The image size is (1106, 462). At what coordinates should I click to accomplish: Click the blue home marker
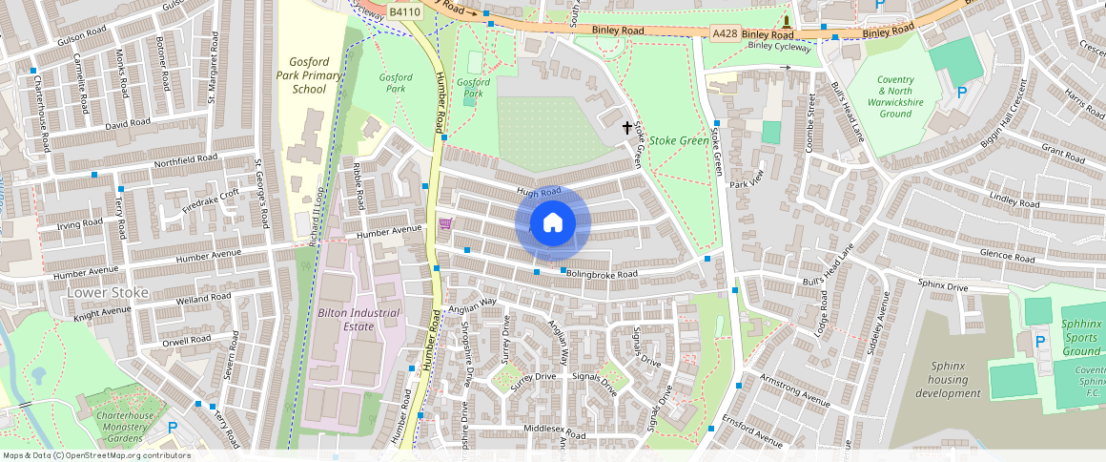[553, 222]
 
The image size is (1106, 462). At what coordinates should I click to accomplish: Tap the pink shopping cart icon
[445, 223]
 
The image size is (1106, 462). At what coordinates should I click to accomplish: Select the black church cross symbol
[628, 127]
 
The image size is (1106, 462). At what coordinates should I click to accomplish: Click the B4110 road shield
[405, 11]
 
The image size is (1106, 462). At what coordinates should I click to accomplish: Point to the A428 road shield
[725, 33]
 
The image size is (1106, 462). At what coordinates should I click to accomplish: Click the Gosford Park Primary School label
[303, 75]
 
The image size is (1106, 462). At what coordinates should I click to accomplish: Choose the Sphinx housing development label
[947, 380]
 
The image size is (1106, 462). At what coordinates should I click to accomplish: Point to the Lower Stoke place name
[108, 292]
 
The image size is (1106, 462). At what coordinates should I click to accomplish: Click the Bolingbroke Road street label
[602, 274]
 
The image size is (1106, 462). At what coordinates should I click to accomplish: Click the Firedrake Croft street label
[211, 199]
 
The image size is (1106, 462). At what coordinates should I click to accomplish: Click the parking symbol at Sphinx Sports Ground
[1040, 341]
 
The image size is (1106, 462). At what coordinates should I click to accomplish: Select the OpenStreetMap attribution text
[97, 455]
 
